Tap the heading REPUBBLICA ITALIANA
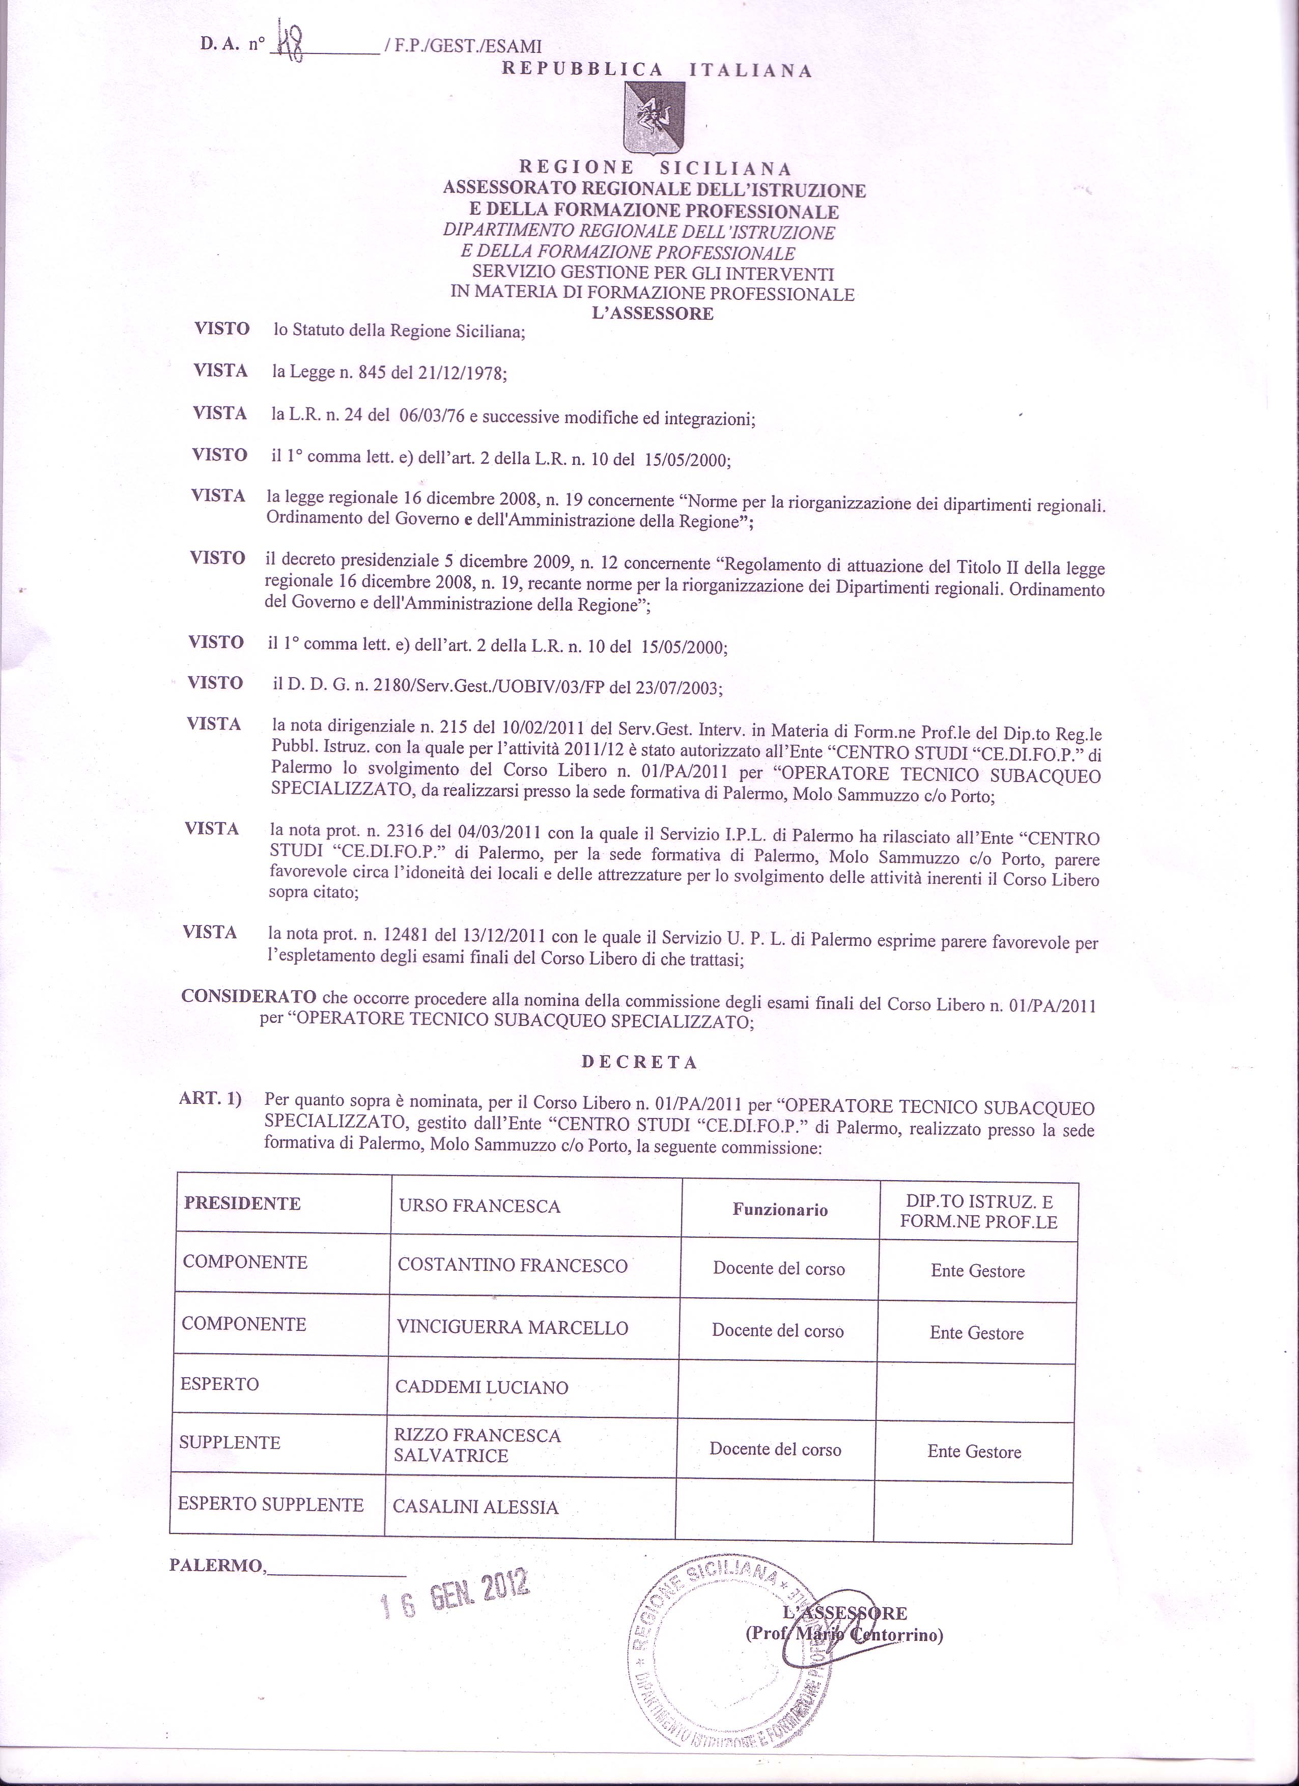657,69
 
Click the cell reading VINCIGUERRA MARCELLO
513,1328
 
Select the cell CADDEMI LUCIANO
482,1387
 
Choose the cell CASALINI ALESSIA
475,1506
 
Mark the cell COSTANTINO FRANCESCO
513,1266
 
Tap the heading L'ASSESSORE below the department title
653,314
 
